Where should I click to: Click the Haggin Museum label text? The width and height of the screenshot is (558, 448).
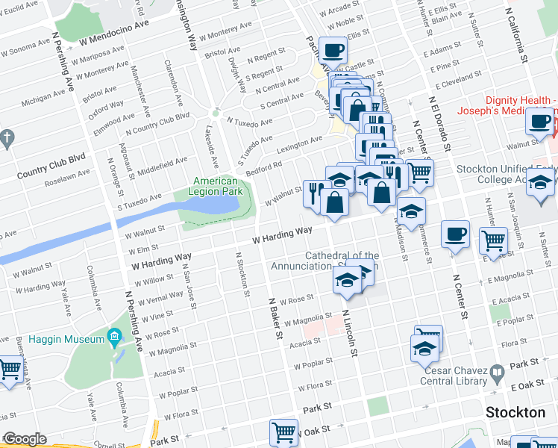click(66, 340)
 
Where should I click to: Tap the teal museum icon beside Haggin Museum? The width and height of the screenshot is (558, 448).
click(113, 338)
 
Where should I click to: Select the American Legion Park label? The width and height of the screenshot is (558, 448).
click(216, 187)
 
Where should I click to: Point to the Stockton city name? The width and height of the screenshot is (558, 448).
click(515, 412)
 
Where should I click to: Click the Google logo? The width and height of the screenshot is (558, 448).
click(25, 440)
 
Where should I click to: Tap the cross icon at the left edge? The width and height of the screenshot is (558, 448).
click(7, 138)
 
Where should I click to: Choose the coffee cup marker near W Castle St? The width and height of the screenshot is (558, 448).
click(333, 51)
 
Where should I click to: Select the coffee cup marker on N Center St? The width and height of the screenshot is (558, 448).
click(454, 235)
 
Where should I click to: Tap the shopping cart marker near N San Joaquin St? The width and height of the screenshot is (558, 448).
click(494, 241)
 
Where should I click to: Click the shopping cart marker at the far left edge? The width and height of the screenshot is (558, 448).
click(10, 369)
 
